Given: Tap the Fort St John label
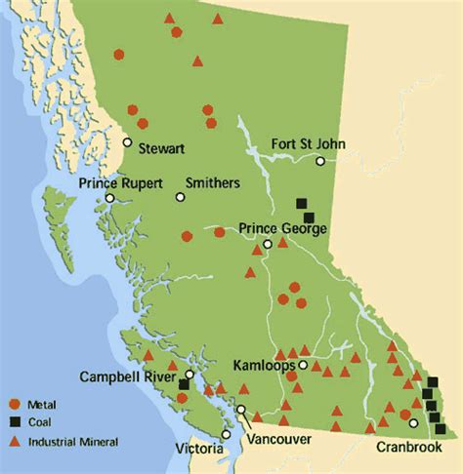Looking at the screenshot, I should click(x=307, y=143).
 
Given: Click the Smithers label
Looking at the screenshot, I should click(x=214, y=182).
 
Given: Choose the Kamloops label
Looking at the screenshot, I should click(x=265, y=365).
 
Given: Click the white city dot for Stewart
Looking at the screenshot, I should click(x=128, y=142).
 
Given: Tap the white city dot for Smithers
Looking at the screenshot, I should click(x=181, y=197).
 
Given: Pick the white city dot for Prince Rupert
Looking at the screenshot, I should click(x=110, y=198).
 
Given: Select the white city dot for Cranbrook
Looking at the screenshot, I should click(x=413, y=423).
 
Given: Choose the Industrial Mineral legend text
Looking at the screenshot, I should click(x=73, y=442).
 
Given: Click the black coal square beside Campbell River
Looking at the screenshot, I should click(x=184, y=385).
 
